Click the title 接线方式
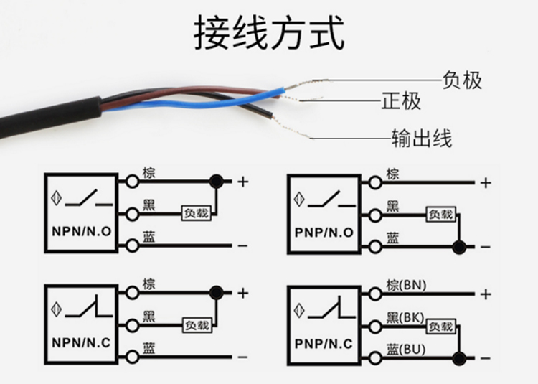point(269,34)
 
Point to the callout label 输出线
point(421,137)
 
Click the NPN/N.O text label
point(81,233)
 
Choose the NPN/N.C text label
point(81,343)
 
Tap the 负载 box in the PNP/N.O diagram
point(440,214)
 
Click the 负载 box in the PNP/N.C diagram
point(440,327)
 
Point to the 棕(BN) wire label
point(406,285)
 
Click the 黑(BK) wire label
point(405,317)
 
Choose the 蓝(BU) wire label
point(406,350)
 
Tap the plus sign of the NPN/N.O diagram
point(242,182)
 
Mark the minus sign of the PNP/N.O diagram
point(486,247)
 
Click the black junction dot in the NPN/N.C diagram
point(215,292)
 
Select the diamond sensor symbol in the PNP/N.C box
point(298,310)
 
